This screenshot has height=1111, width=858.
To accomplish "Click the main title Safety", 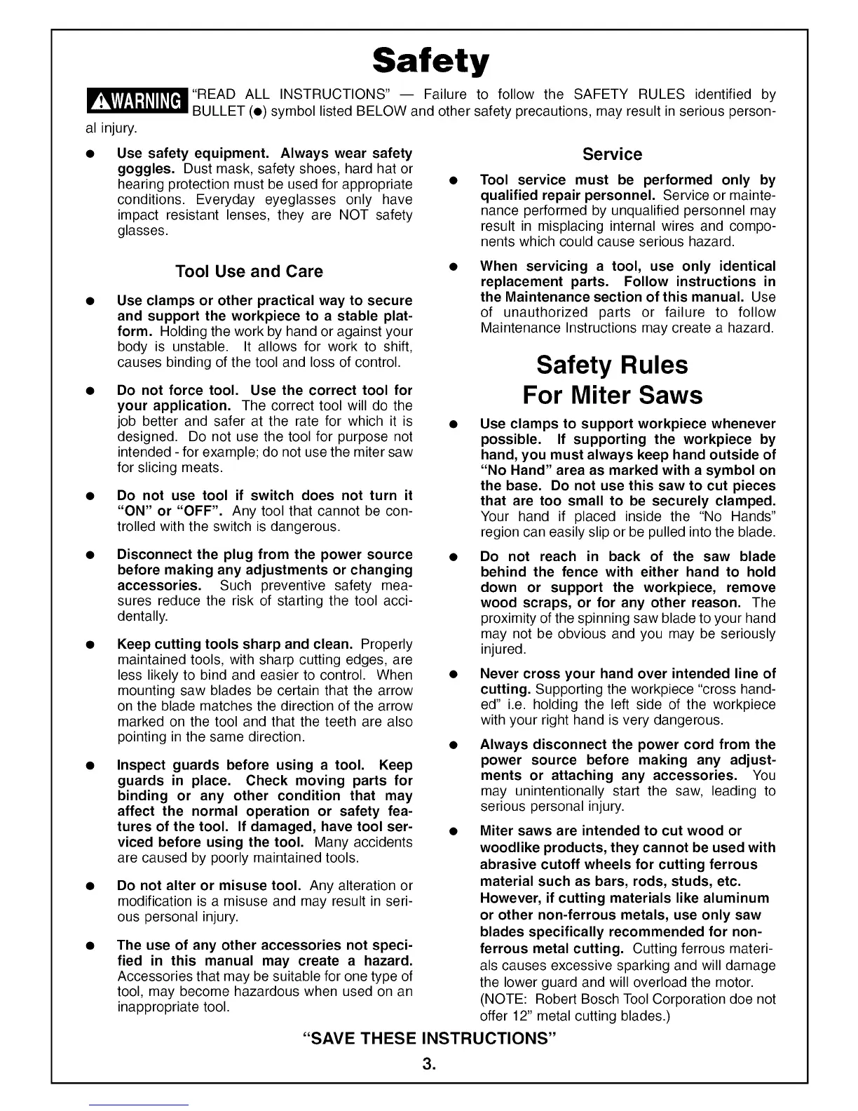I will [429, 62].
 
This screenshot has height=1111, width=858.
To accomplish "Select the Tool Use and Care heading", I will [249, 271].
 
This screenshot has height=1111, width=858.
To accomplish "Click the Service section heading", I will [612, 154].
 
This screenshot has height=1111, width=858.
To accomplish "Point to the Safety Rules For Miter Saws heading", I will [612, 379].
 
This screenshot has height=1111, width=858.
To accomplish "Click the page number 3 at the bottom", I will [428, 1065].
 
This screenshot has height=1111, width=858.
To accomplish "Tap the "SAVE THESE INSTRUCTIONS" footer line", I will [429, 1038].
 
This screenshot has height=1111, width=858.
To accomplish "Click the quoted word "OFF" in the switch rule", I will [202, 511].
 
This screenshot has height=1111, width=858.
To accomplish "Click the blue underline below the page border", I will [139, 1105].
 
